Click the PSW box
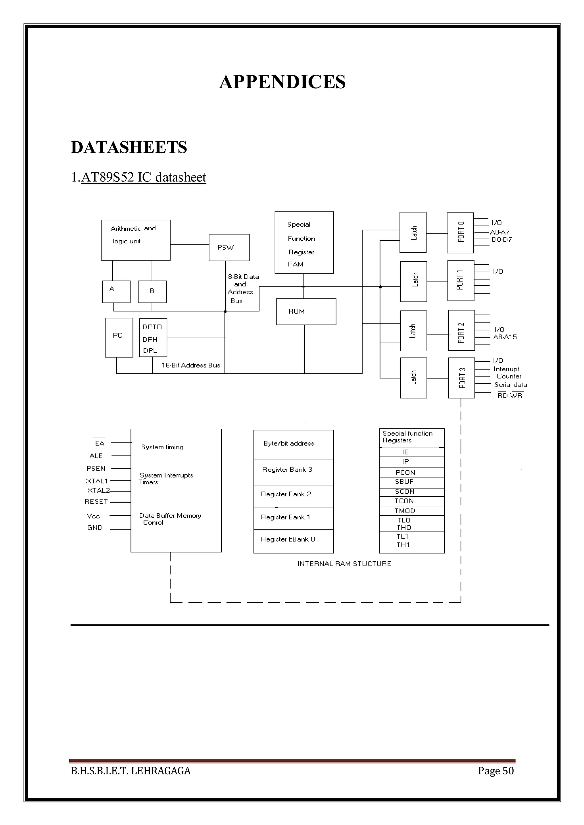coord(229,248)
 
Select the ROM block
coord(306,312)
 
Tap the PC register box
coord(119,337)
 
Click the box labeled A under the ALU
coord(116,291)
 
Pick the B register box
coord(152,291)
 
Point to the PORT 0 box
coord(460,232)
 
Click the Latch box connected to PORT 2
coord(413,330)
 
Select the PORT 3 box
coord(461,378)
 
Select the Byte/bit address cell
coord(293,444)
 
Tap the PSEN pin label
coord(96,468)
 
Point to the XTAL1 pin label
coord(97,481)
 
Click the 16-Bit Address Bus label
coord(190,365)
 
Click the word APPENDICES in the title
coord(282,82)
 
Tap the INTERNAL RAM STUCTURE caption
coord(344,563)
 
